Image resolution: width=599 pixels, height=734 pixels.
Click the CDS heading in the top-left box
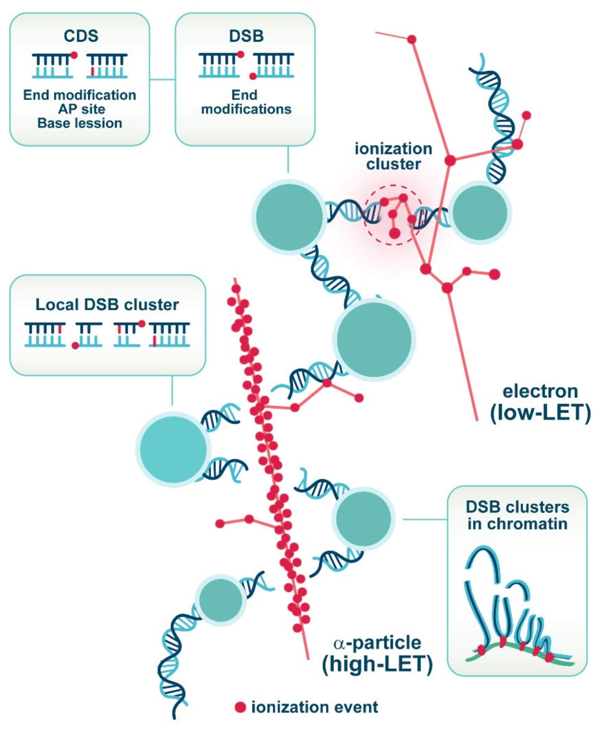pyautogui.click(x=81, y=36)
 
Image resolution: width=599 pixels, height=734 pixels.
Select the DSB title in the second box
pyautogui.click(x=246, y=36)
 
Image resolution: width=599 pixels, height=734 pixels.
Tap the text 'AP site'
pyautogui.click(x=81, y=109)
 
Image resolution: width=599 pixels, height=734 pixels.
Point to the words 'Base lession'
pyautogui.click(x=80, y=123)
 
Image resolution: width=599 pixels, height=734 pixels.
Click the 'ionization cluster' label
pyautogui.click(x=393, y=156)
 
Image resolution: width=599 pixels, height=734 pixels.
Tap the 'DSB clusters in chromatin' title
pyautogui.click(x=517, y=515)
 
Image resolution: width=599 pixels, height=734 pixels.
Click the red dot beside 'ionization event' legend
pyautogui.click(x=240, y=707)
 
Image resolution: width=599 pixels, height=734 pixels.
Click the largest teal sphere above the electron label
pyautogui.click(x=374, y=339)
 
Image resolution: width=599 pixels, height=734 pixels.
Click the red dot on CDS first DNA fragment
pyautogui.click(x=74, y=55)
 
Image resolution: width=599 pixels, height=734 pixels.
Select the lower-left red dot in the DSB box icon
pyautogui.click(x=253, y=76)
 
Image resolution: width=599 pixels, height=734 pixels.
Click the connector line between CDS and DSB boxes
pyautogui.click(x=162, y=79)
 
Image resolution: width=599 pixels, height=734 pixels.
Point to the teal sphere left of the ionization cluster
pyautogui.click(x=289, y=217)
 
